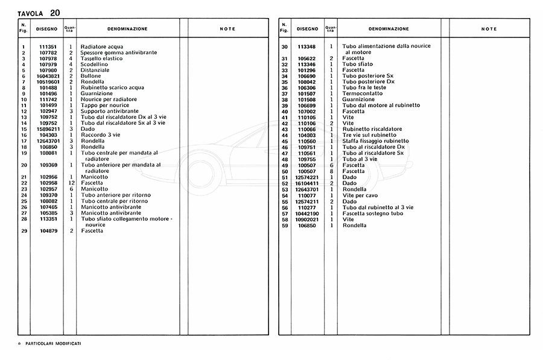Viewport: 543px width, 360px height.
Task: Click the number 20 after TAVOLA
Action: pos(55,12)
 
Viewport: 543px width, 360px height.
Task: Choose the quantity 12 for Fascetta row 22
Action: pos(71,183)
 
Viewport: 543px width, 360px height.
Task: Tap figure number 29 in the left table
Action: pos(22,231)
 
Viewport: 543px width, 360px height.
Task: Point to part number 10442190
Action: pos(307,213)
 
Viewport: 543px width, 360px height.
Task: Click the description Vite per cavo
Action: pos(361,195)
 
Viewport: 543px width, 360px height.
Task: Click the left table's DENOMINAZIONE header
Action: pos(127,28)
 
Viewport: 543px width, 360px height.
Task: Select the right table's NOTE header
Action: pos(489,29)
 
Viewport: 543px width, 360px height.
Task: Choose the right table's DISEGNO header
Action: pos(307,28)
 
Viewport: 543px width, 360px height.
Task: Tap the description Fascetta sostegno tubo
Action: pos(372,213)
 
